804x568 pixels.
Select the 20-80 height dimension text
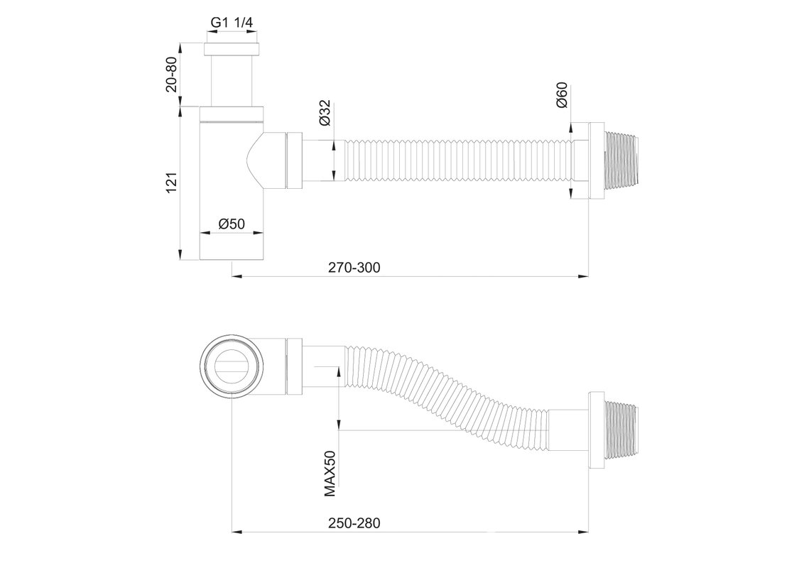point(172,74)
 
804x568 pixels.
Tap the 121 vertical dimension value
point(172,182)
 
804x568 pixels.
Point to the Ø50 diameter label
point(232,224)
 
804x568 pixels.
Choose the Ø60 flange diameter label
point(562,95)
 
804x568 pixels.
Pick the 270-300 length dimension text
point(354,268)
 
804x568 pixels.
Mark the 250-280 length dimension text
point(354,523)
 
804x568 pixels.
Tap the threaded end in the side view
point(622,160)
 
